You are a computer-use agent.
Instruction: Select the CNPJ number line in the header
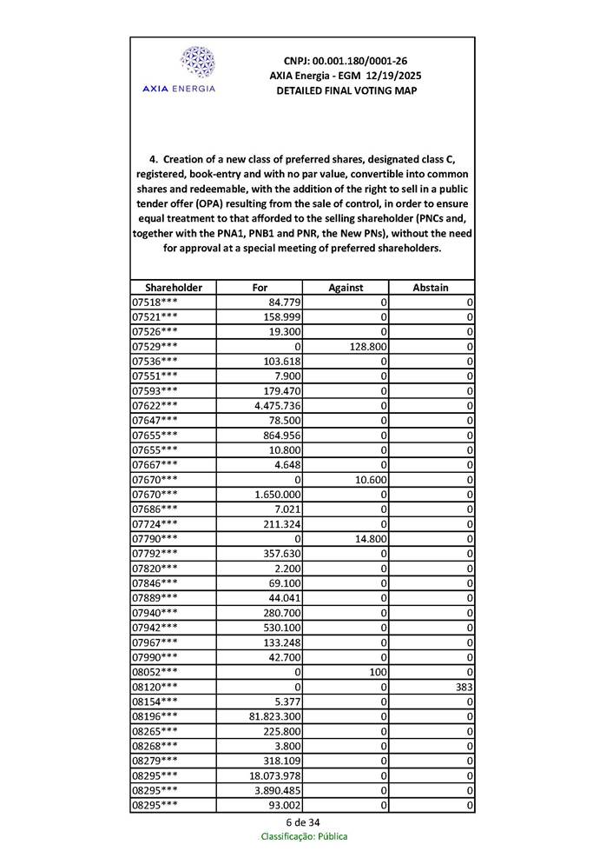point(346,61)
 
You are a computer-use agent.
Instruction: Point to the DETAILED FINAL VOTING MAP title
point(346,90)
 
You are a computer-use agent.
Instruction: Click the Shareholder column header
point(174,288)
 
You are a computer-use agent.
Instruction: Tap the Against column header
point(346,288)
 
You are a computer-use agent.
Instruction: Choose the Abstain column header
point(431,288)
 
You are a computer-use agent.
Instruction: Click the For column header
point(260,288)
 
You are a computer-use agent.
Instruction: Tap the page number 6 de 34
point(303,822)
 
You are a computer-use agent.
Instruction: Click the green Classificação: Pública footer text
point(304,836)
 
